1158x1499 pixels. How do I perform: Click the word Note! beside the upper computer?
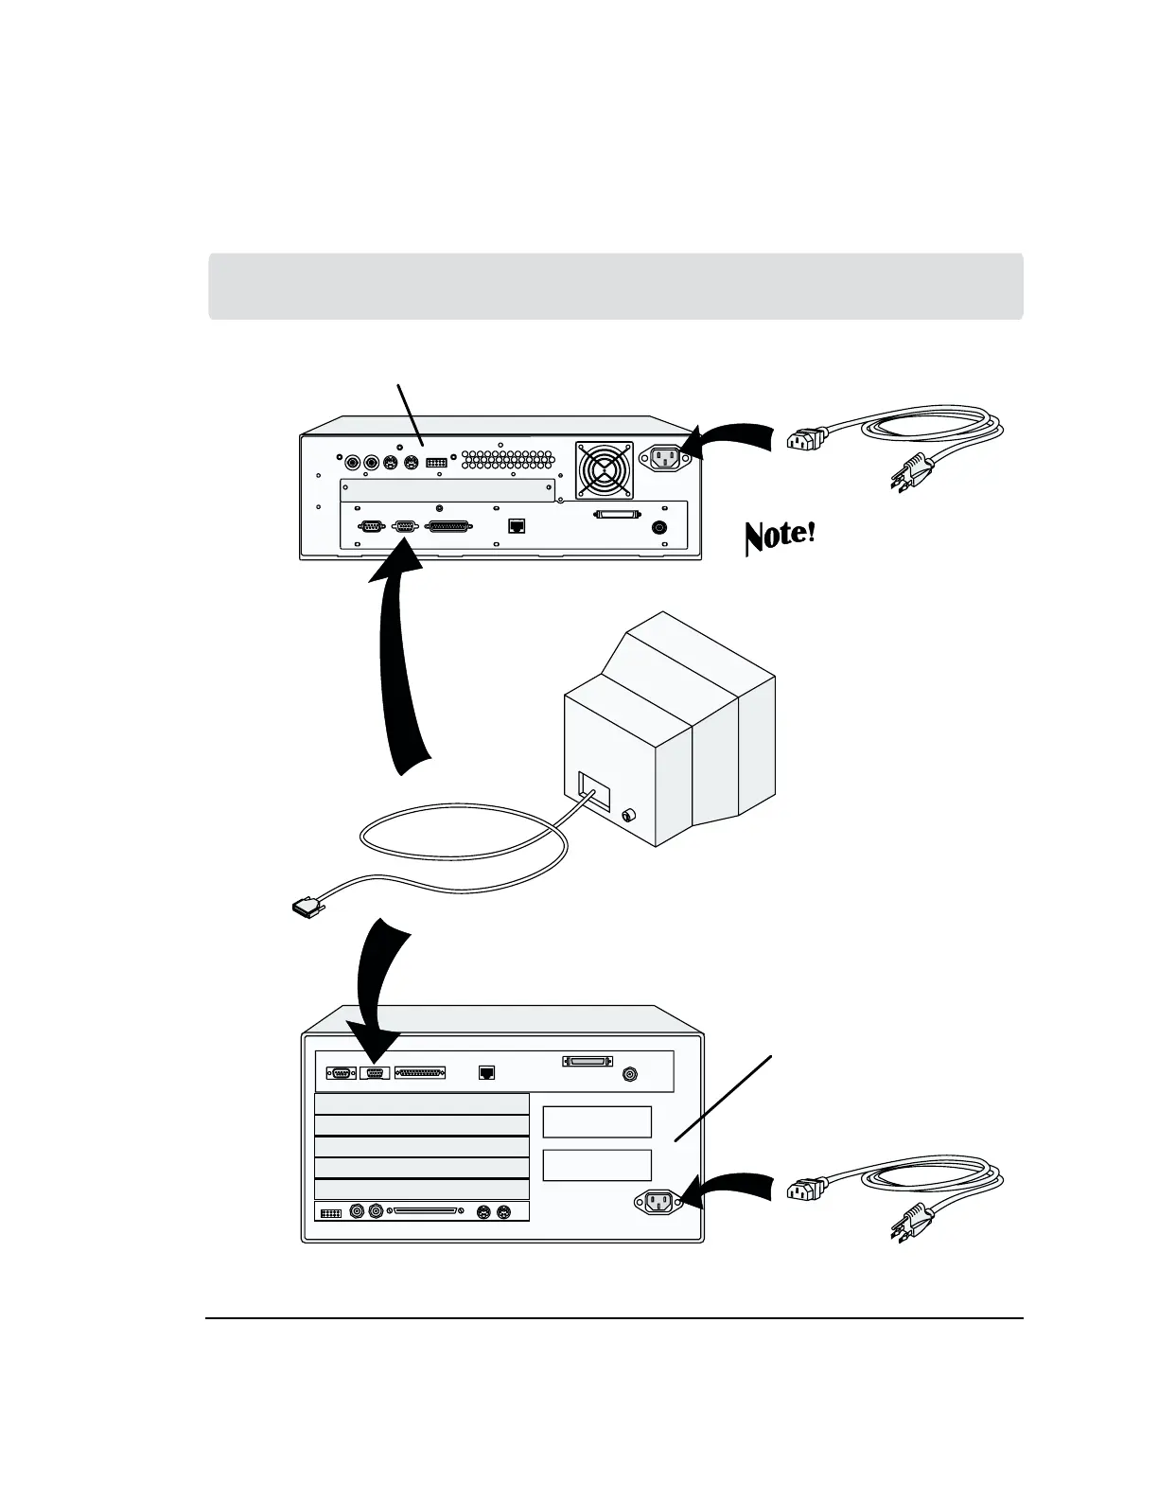pyautogui.click(x=780, y=536)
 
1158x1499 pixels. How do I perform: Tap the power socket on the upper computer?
pyautogui.click(x=664, y=459)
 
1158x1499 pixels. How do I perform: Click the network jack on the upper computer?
pyautogui.click(x=517, y=526)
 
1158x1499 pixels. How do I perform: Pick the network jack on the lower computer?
pyautogui.click(x=486, y=1073)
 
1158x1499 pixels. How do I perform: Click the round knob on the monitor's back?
pyautogui.click(x=628, y=815)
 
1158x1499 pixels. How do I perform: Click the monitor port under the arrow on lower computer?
pyautogui.click(x=375, y=1073)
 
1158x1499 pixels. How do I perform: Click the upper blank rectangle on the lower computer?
pyautogui.click(x=597, y=1121)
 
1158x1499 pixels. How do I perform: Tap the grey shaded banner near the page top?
pyautogui.click(x=615, y=286)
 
